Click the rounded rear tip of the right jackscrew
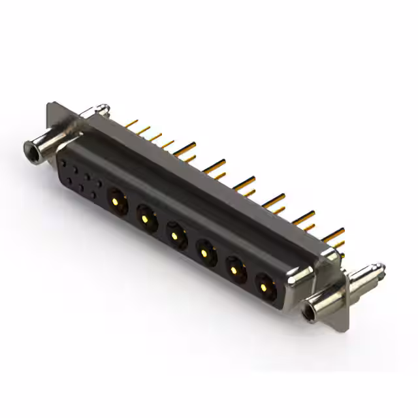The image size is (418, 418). (x=379, y=268)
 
